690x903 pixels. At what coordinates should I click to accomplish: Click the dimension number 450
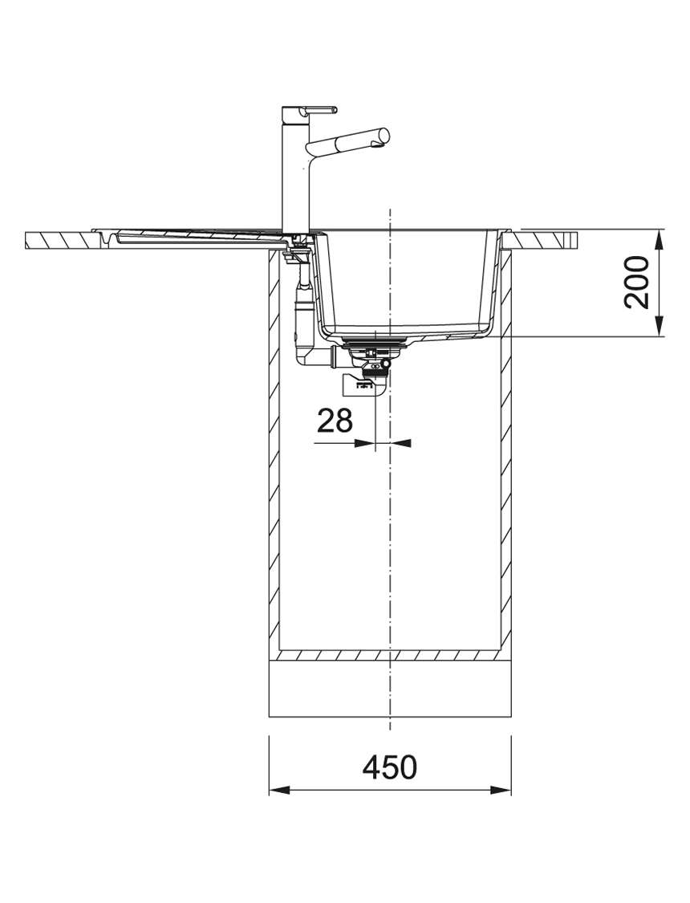click(x=390, y=767)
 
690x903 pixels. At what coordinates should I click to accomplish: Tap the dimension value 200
click(x=637, y=283)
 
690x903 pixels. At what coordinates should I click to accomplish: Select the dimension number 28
click(x=335, y=421)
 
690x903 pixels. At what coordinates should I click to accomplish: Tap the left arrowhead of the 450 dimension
click(x=279, y=790)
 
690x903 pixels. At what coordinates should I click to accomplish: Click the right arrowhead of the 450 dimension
click(x=501, y=790)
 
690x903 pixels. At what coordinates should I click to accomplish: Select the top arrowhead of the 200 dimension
click(x=659, y=239)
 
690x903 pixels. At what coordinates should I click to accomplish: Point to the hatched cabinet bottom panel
click(x=390, y=655)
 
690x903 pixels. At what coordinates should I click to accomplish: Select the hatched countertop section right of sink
click(x=544, y=239)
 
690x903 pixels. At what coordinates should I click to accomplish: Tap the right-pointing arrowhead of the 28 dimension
click(x=364, y=443)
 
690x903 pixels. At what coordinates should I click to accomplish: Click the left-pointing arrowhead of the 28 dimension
click(x=400, y=443)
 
